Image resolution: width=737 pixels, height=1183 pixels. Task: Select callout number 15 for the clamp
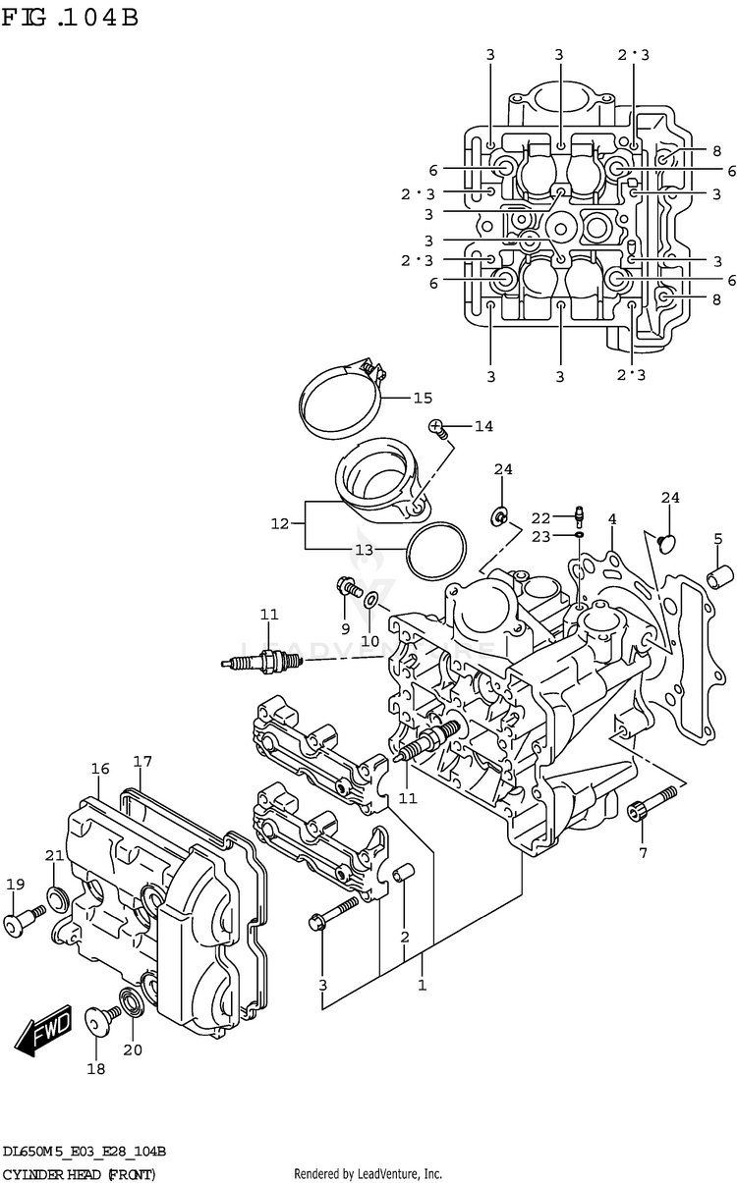click(422, 398)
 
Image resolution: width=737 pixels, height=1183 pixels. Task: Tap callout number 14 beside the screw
click(482, 426)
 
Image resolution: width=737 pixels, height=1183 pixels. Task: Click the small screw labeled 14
click(438, 427)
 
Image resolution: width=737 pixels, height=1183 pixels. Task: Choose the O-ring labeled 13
click(434, 549)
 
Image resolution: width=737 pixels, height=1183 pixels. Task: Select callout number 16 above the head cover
click(99, 769)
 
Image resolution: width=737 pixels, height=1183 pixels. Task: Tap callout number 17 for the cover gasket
click(142, 761)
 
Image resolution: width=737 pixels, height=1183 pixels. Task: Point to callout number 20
click(132, 1049)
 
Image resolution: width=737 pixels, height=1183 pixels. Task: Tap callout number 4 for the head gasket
click(611, 519)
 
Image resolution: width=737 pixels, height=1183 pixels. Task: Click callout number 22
click(541, 517)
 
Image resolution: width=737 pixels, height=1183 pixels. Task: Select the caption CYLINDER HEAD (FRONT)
click(79, 1174)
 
